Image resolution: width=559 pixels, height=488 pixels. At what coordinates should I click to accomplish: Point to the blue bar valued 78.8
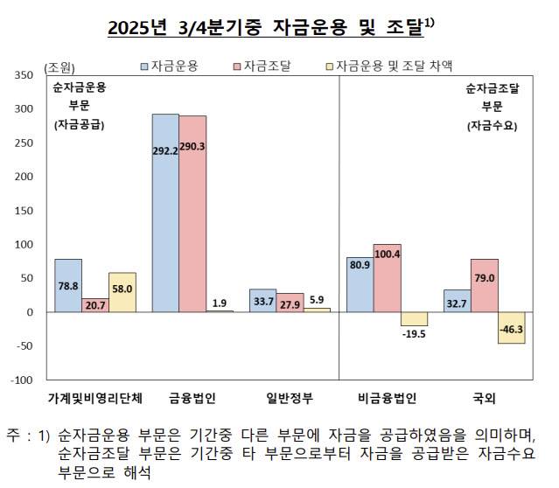68,285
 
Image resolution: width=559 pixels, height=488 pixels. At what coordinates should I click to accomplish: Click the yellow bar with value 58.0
122,292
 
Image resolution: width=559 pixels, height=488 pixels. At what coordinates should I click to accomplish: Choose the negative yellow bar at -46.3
511,328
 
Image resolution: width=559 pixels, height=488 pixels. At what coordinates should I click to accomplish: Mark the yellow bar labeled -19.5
414,319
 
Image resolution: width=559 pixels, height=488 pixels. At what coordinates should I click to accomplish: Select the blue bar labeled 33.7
262,301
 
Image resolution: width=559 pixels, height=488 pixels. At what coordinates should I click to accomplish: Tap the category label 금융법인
192,399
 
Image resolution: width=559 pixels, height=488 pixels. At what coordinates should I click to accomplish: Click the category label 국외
484,399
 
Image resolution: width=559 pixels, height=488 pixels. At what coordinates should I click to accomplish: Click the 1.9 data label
220,303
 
